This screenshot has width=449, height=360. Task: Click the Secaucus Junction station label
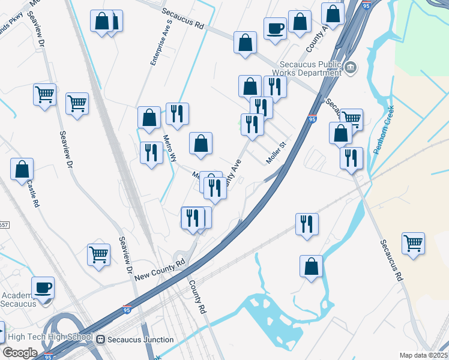click(140, 340)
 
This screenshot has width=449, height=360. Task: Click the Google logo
click(20, 353)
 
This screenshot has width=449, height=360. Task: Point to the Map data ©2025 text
click(423, 355)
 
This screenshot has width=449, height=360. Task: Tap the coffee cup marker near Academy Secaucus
click(43, 287)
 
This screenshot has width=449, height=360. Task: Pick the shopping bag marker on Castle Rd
click(22, 170)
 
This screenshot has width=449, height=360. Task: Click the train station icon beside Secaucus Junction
click(100, 340)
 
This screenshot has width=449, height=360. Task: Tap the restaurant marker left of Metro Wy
click(151, 153)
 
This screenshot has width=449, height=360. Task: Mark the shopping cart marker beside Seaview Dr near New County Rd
click(98, 254)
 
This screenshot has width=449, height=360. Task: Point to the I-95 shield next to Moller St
click(312, 119)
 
